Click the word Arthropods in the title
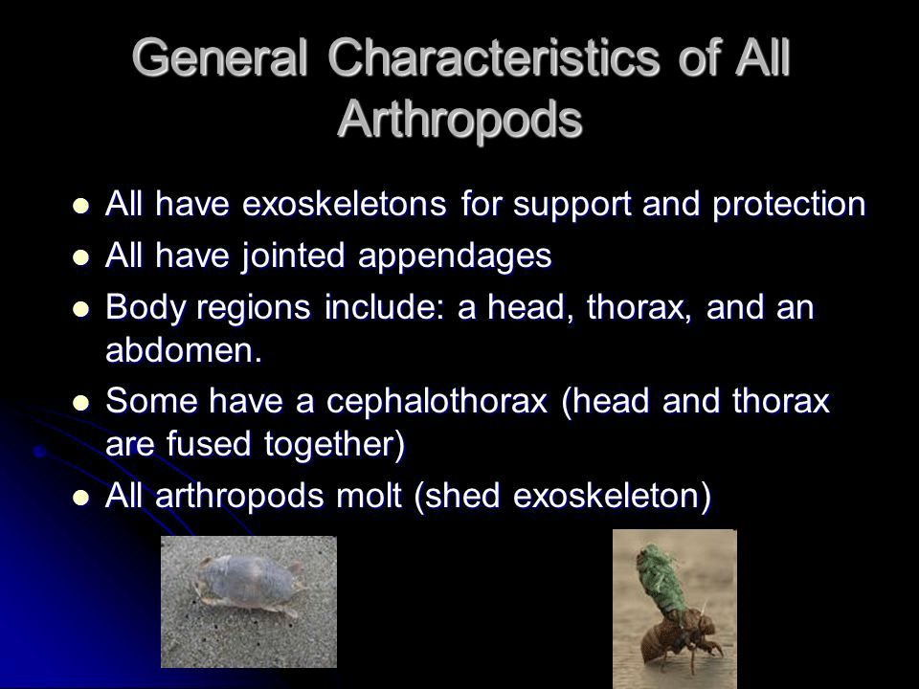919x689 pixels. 459,120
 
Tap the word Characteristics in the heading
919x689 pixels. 494,57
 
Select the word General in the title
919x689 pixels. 220,57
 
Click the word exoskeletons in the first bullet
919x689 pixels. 344,204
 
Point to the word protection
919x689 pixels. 789,205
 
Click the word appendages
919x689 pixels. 455,257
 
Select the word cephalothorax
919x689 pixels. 437,402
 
